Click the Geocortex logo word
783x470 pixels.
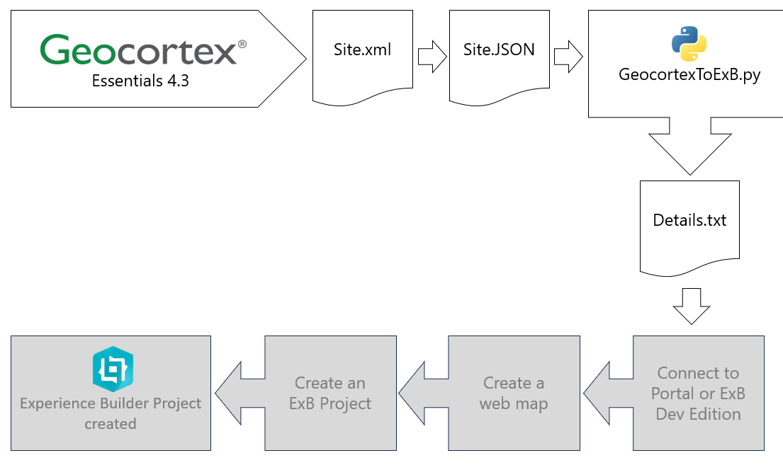click(x=138, y=51)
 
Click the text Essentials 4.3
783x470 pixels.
click(x=140, y=81)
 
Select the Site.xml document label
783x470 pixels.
click(x=362, y=50)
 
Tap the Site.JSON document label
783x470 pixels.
click(x=499, y=50)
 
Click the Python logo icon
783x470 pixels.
click(x=689, y=43)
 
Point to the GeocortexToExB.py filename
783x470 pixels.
click(x=689, y=75)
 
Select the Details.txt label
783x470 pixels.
click(x=689, y=220)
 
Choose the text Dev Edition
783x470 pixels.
click(x=698, y=414)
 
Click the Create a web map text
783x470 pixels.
click(x=514, y=394)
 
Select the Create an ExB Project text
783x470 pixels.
click(x=330, y=394)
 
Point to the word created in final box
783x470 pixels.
click(x=111, y=424)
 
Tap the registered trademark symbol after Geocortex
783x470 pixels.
click(x=242, y=44)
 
